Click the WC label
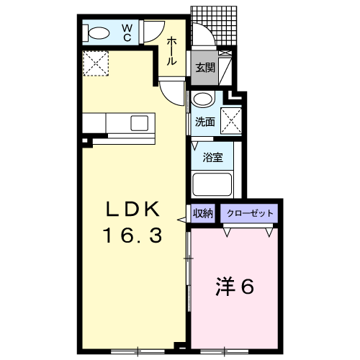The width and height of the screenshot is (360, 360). coord(127,33)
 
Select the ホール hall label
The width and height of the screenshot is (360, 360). coord(171,50)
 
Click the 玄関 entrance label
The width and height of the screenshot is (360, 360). coord(205,68)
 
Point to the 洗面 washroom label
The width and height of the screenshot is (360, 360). coord(204,122)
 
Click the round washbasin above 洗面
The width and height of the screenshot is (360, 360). coord(204,99)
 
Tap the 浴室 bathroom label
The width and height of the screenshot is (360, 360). coord(212,158)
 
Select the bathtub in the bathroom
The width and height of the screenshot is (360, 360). coord(212,184)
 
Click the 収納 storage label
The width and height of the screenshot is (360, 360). coord(203,213)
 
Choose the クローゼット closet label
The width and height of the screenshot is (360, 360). coord(250,213)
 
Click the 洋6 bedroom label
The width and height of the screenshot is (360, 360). coord(235,287)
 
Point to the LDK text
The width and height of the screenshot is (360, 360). coord(132,210)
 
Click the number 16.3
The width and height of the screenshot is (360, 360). coord(133,235)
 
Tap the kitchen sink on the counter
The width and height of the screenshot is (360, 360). coord(139,123)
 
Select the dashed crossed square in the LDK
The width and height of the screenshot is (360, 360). coord(96,63)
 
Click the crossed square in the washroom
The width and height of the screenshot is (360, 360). coord(231,120)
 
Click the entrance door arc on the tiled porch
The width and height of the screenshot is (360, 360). coord(207,31)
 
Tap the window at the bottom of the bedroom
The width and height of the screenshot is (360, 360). coord(225,351)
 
